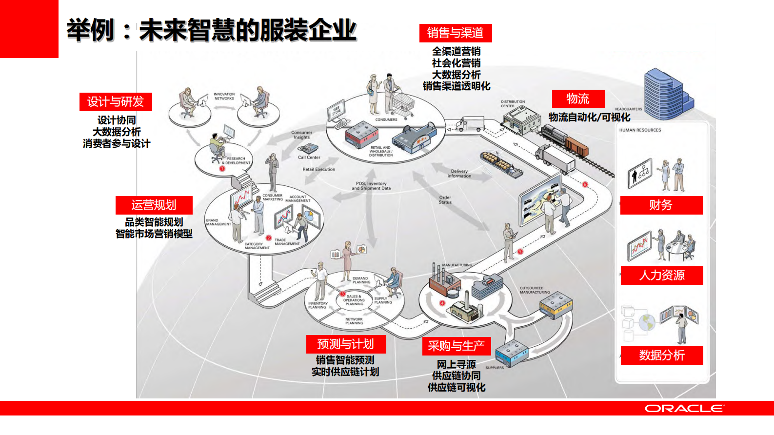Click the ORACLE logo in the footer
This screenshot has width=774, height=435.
point(684,409)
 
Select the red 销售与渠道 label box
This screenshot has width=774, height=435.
point(456,33)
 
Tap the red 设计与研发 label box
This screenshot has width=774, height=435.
point(116,102)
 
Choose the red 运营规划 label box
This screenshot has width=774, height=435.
point(154,205)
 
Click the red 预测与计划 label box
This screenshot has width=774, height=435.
point(346,344)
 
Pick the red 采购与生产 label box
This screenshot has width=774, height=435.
point(456,346)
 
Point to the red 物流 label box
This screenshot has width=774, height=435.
point(578,99)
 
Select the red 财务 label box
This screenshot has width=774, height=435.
point(661,205)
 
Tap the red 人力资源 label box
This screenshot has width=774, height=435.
point(661,276)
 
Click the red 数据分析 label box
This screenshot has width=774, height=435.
point(661,356)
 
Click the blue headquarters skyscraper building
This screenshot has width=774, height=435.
point(666,94)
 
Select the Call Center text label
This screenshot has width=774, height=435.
point(309,158)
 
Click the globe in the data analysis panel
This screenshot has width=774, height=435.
point(647,322)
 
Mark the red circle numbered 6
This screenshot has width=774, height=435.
point(585,184)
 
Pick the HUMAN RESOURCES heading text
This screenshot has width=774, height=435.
point(640,130)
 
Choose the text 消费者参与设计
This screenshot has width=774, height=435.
point(117,144)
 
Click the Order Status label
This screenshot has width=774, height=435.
point(445,200)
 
